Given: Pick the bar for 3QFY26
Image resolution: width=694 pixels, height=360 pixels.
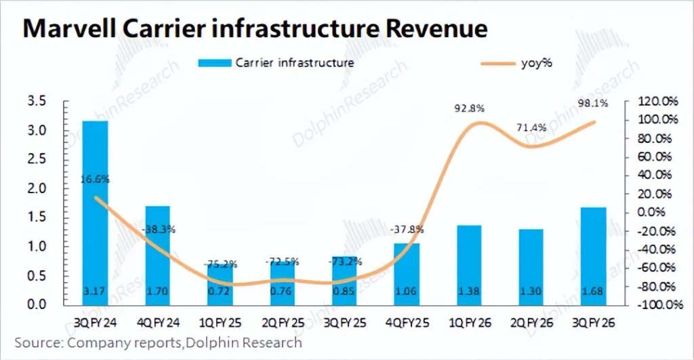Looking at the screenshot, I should coord(593,256).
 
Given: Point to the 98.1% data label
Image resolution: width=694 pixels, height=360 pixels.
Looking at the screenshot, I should coord(593,103).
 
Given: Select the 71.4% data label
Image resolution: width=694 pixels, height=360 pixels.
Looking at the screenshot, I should coord(531,127).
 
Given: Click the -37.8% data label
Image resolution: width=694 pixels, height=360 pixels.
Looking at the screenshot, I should coord(406,229).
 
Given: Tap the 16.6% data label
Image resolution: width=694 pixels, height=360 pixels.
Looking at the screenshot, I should coord(96,180).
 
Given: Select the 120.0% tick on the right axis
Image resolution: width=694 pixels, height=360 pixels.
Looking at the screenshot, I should coord(659,102).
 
